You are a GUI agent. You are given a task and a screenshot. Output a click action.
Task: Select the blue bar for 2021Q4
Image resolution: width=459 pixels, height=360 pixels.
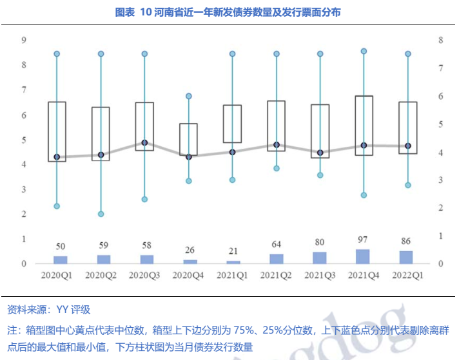pos(363,256)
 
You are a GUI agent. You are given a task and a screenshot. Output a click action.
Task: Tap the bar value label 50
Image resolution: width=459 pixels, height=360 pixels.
pos(60,247)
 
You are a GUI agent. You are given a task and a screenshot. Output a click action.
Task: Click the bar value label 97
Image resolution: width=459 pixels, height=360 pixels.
pos(363,240)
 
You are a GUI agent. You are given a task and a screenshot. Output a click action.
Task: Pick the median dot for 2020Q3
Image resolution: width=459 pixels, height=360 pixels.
pos(144,143)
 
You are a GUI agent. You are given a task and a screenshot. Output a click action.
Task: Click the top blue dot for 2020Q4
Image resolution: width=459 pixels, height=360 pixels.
pos(189,96)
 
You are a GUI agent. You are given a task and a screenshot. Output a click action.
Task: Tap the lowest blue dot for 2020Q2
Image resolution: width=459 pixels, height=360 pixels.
pos(101,214)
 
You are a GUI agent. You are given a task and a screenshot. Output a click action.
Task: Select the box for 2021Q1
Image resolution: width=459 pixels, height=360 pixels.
pos(232,124)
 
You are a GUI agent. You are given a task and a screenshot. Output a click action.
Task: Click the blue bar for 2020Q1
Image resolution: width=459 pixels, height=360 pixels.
pos(60,260)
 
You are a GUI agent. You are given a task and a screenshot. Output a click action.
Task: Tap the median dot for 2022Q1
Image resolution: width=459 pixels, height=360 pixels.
pos(407,146)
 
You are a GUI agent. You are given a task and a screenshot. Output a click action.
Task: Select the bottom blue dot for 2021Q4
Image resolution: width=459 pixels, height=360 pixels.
pos(364,194)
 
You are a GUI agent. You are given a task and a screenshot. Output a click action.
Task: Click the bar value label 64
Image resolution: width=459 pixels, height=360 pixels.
pos(276,245)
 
